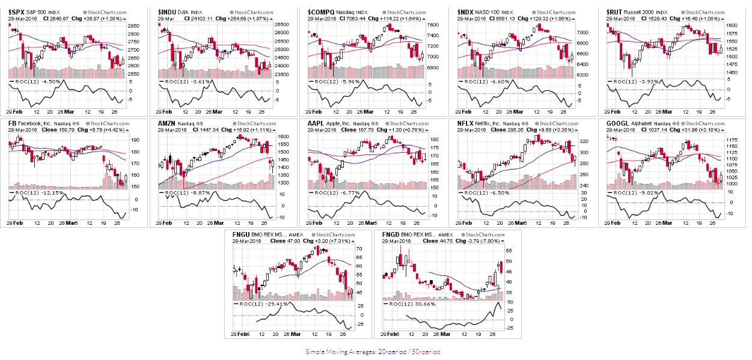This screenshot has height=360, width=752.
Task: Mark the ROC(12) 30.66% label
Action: pyautogui.click(x=412, y=304)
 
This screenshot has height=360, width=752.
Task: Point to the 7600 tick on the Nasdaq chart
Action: pyautogui.click(x=433, y=25)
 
